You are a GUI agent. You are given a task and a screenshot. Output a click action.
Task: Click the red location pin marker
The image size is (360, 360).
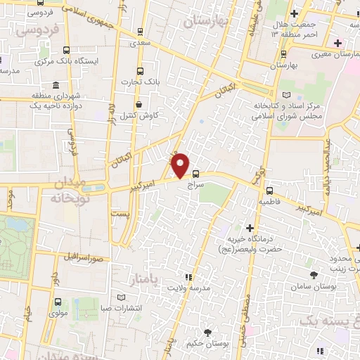click(181, 165)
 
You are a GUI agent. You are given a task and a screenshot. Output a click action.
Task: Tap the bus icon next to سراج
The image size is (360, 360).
click(195, 174)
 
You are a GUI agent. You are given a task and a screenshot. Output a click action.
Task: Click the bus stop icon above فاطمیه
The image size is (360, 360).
click(269, 190)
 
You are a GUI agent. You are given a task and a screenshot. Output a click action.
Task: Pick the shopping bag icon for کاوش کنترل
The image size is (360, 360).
click(139, 105)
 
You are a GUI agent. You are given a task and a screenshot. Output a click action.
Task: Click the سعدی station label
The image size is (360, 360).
click(141, 42)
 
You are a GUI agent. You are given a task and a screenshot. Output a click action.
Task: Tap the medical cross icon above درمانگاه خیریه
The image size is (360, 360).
click(250, 228)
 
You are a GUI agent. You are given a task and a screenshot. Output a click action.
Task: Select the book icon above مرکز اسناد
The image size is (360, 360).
click(285, 95)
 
